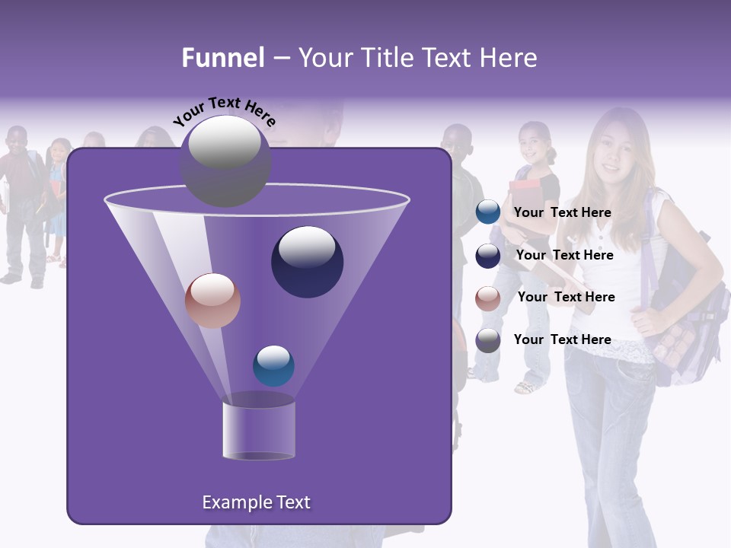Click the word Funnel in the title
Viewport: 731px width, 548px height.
pos(223,58)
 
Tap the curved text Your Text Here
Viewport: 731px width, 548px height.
pos(225,110)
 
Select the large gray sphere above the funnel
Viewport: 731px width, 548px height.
pos(225,161)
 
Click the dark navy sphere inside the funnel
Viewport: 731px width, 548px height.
pos(307,262)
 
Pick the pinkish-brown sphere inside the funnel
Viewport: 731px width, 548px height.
pos(212,301)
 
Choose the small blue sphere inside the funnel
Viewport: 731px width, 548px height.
pos(273,365)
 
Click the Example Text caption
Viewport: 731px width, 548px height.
pos(256,502)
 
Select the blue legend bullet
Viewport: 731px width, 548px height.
pos(488,212)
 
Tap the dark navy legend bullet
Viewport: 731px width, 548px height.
pos(488,255)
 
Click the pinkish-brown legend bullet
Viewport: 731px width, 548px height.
pos(488,298)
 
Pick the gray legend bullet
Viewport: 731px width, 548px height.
pos(488,339)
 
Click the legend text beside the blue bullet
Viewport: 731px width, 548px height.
pos(562,212)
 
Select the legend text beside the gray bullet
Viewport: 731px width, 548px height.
pos(562,339)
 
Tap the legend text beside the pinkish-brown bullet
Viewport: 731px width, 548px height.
pos(566,297)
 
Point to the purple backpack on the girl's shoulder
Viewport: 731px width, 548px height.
pos(685,320)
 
